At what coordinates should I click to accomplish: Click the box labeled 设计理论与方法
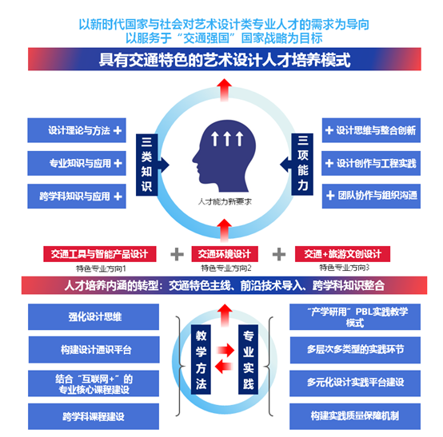pyautogui.click(x=77, y=130)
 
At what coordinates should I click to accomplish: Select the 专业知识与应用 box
pyautogui.click(x=77, y=163)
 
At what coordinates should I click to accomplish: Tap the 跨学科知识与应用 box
pyautogui.click(x=77, y=197)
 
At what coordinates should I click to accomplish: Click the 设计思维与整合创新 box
pyautogui.click(x=371, y=130)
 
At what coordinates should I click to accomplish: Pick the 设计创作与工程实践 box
pyautogui.click(x=371, y=163)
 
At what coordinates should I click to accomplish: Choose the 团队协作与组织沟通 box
pyautogui.click(x=371, y=197)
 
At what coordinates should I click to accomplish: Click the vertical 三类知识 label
pyautogui.click(x=146, y=165)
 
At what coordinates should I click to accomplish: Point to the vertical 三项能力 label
pyautogui.click(x=302, y=165)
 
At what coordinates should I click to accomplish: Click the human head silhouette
pyautogui.click(x=224, y=156)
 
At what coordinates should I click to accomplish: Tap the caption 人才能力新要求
pyautogui.click(x=225, y=201)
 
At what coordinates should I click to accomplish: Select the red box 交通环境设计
pyautogui.click(x=225, y=254)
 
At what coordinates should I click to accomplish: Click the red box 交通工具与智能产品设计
pyautogui.click(x=100, y=254)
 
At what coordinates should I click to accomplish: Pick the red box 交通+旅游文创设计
pyautogui.click(x=342, y=254)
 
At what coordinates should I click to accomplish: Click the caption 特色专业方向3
pyautogui.click(x=344, y=268)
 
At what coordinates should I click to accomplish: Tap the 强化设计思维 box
pyautogui.click(x=94, y=316)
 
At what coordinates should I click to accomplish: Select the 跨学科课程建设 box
pyautogui.click(x=94, y=416)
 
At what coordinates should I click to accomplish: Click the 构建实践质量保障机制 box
pyautogui.click(x=355, y=416)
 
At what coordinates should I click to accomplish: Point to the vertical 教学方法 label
pyautogui.click(x=201, y=360)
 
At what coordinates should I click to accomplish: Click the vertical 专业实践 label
pyautogui.click(x=249, y=360)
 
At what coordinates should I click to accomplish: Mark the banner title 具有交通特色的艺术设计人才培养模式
pyautogui.click(x=225, y=59)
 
